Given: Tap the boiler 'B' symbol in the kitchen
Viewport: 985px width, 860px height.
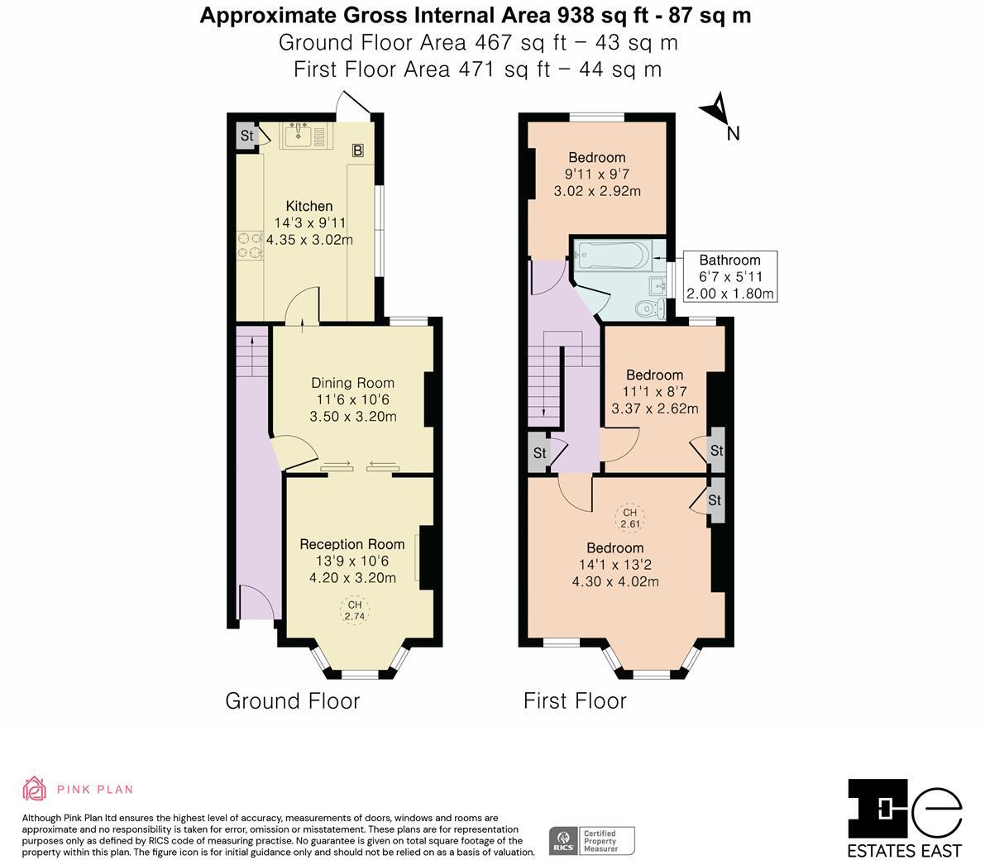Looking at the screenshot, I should tap(357, 150).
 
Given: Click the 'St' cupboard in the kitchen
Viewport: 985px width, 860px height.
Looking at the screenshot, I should tap(246, 136).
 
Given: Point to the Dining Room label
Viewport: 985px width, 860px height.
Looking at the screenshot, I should tap(352, 383).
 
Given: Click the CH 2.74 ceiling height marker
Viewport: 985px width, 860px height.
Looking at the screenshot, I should tap(354, 611).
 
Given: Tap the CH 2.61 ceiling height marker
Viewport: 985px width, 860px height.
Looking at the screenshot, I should tap(630, 518).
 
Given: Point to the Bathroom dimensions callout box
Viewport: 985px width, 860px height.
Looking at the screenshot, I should tap(729, 276).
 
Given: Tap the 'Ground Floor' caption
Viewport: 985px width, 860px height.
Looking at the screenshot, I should tap(293, 701).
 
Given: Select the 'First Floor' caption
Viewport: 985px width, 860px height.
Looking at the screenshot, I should tap(575, 701).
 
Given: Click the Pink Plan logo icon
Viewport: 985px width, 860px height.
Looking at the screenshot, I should tap(34, 789).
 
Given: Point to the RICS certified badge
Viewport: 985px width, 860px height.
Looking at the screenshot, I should tap(592, 840).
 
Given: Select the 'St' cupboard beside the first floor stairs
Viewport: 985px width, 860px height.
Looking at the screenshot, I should tap(539, 453).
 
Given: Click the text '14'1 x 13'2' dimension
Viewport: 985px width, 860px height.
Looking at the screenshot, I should tap(615, 565).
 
